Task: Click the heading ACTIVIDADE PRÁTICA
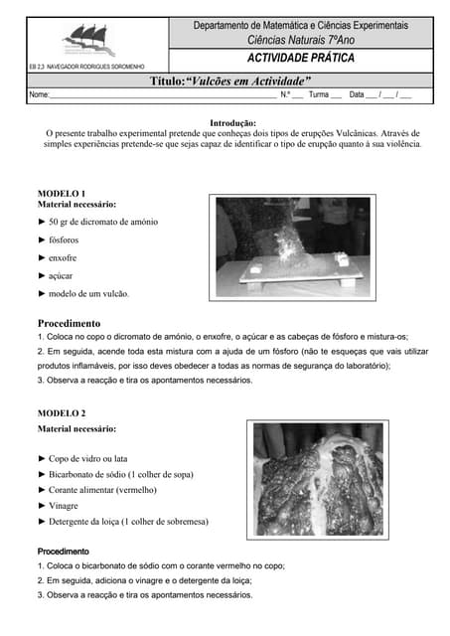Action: [x=299, y=59]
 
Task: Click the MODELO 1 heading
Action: [x=62, y=192]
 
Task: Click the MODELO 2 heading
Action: [x=62, y=412]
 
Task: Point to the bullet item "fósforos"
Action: [x=64, y=239]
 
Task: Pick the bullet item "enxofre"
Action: [x=62, y=257]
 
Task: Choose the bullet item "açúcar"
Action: [x=60, y=275]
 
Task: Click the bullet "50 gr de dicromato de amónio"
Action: [x=102, y=222]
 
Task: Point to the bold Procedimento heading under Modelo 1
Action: [x=69, y=323]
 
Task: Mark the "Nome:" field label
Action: [x=39, y=95]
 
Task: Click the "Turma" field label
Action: [x=319, y=95]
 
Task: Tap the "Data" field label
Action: [x=358, y=95]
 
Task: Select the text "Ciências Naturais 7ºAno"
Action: [x=299, y=39]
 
